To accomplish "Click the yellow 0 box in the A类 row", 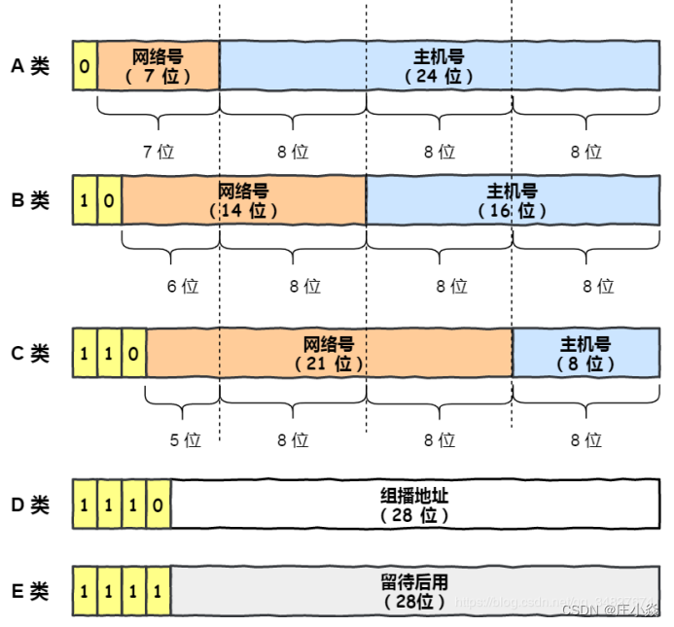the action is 85,66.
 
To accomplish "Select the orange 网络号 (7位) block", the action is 158,66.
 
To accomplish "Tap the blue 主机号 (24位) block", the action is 439,66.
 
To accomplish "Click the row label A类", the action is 30,66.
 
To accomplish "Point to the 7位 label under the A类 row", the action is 159,152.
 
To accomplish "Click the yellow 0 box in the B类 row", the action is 109,200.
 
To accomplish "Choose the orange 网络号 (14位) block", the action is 243,200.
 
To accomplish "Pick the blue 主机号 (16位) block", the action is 512,200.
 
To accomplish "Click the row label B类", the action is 30,200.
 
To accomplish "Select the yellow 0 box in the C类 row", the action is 133,353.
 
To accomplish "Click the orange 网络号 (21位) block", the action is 329,353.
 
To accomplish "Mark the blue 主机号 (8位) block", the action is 585,353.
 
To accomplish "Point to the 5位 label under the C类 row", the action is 185,439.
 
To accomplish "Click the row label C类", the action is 30,353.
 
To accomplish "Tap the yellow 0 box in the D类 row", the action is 158,505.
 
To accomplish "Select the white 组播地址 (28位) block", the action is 414,505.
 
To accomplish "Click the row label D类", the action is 30,505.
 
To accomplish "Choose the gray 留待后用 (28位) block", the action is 414,591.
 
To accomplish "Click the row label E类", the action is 30,591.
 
